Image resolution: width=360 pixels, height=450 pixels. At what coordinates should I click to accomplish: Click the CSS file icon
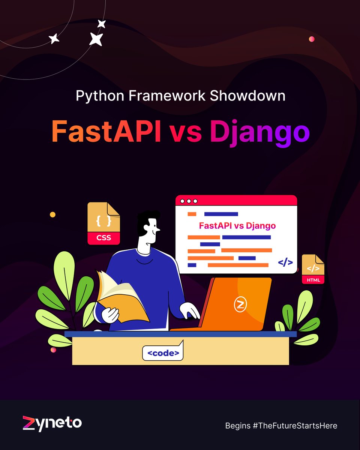[x=103, y=223]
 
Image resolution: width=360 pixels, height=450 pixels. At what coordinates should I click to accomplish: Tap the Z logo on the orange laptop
[x=240, y=304]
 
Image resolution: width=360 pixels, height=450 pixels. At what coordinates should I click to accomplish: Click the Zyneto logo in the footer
[x=52, y=424]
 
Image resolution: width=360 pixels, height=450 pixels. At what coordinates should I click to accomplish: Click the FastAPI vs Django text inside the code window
[x=237, y=226]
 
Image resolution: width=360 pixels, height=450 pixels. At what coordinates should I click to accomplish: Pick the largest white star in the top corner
[x=96, y=39]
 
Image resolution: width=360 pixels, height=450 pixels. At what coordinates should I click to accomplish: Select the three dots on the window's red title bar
[x=189, y=201]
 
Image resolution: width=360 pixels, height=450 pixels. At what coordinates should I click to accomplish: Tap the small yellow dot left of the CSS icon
[x=52, y=214]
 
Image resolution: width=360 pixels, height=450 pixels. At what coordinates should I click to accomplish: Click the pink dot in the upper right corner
[x=311, y=39]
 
